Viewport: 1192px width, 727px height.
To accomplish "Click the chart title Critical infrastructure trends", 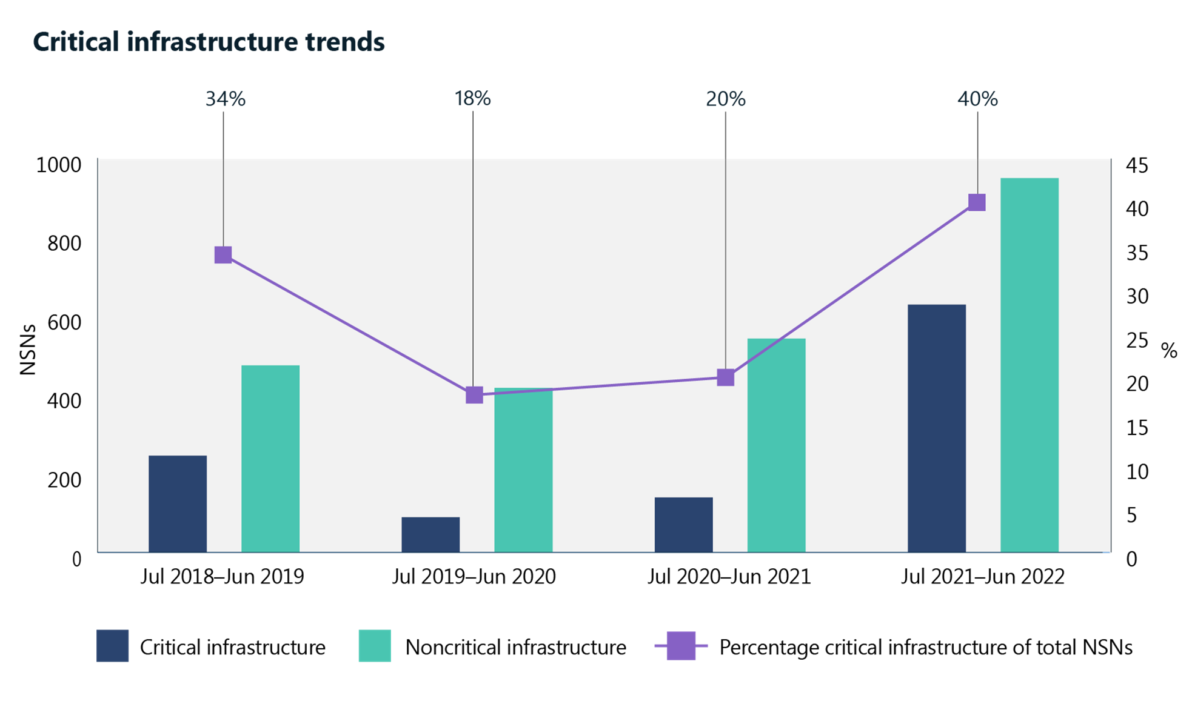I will pyautogui.click(x=209, y=42).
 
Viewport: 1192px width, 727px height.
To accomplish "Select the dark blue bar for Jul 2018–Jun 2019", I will pyautogui.click(x=178, y=503).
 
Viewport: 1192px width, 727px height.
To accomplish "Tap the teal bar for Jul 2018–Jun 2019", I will pyautogui.click(x=270, y=459).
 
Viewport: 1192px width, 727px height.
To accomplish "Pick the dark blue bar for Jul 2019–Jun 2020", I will pyautogui.click(x=430, y=534).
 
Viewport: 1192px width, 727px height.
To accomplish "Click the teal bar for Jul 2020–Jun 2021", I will pyautogui.click(x=776, y=445).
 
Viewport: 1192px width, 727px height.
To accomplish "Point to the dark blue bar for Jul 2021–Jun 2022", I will pyautogui.click(x=936, y=428).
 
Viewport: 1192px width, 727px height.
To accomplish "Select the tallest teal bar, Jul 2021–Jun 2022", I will pyautogui.click(x=1029, y=365).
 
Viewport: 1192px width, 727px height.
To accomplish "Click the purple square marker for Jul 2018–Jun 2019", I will pyautogui.click(x=223, y=255).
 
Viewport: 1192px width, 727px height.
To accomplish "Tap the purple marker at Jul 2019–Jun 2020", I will pyautogui.click(x=474, y=395).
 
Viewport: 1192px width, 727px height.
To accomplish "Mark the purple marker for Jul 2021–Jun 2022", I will pyautogui.click(x=977, y=202).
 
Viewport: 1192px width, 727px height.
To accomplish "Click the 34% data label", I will pyautogui.click(x=225, y=99).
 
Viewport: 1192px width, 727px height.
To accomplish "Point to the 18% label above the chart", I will pyautogui.click(x=472, y=98).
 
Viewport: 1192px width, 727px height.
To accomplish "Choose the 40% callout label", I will pyautogui.click(x=977, y=99).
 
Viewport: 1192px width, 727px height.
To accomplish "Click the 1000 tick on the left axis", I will pyautogui.click(x=59, y=165).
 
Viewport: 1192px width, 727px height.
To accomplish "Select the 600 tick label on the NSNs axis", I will pyautogui.click(x=64, y=322).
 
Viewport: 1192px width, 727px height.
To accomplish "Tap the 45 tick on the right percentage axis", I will pyautogui.click(x=1137, y=165).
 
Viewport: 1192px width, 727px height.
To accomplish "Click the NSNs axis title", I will pyautogui.click(x=28, y=350).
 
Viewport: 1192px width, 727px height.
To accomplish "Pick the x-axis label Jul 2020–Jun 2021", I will pyautogui.click(x=729, y=576).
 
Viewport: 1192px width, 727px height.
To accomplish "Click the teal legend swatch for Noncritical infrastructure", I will pyautogui.click(x=375, y=646).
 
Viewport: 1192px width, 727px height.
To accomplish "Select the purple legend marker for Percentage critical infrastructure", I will pyautogui.click(x=681, y=646).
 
